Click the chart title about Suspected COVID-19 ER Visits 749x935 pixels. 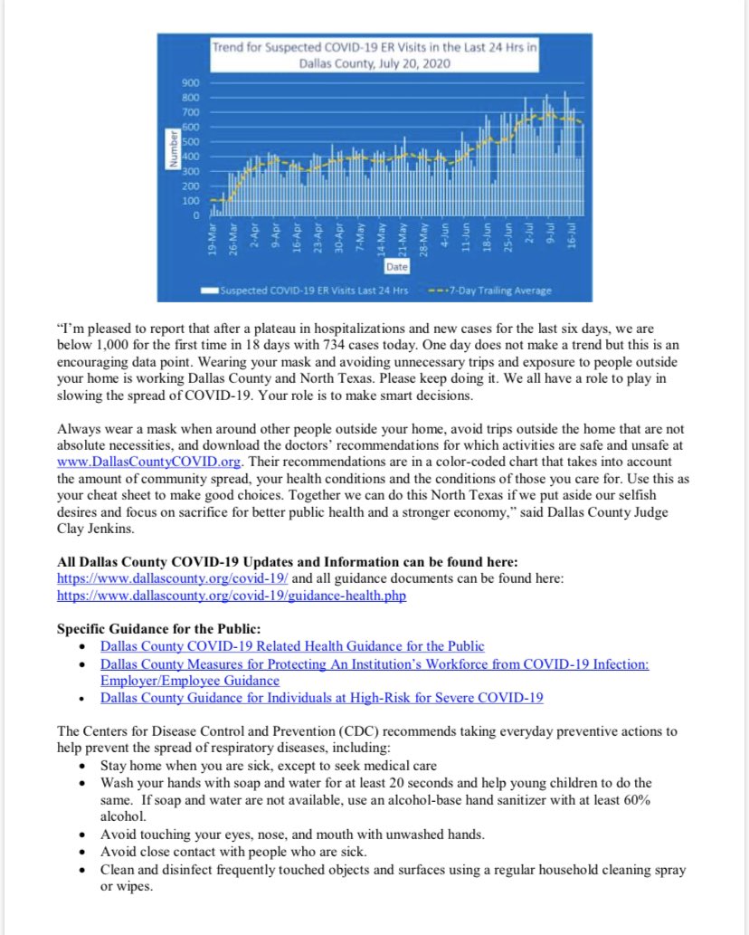point(374,54)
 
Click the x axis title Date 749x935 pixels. point(396,267)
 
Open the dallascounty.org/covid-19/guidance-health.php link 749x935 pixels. point(231,596)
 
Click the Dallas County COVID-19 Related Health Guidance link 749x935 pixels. point(292,645)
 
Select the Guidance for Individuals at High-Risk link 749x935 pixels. point(321,698)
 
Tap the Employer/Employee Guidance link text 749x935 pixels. point(190,680)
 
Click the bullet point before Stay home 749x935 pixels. point(82,765)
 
